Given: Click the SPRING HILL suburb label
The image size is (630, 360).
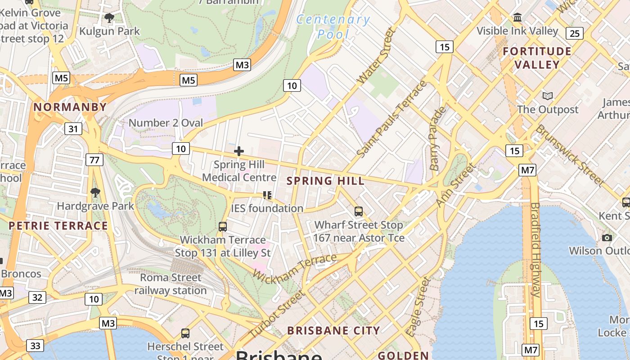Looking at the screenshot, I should (325, 181).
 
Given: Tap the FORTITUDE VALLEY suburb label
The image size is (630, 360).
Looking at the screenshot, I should (537, 58).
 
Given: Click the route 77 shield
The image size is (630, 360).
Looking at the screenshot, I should (95, 160).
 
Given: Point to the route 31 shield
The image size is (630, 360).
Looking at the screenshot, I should (73, 129).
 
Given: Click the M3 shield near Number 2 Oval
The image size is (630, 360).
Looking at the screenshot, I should (242, 65).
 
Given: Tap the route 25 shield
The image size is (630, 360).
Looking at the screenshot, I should (575, 33).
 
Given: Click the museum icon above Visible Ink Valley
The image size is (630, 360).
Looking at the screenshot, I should (517, 18).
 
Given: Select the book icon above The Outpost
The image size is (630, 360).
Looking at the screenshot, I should (547, 96).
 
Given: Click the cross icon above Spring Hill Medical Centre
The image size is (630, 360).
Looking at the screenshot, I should (239, 151).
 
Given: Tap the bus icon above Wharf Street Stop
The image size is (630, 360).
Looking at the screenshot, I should (359, 211).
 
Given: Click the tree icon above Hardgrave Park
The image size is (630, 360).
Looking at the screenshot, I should (95, 193).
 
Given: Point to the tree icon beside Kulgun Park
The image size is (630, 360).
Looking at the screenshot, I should (109, 18).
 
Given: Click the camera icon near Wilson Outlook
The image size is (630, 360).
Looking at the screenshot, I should (607, 237).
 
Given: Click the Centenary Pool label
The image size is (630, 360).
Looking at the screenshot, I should (333, 27).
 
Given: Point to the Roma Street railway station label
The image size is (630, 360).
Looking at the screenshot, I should (171, 284).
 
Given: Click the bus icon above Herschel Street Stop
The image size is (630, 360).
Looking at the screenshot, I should (185, 333).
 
